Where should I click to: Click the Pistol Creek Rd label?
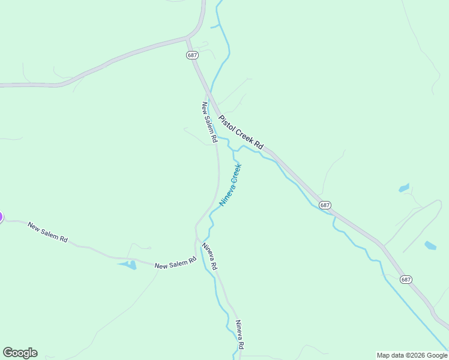(241, 133)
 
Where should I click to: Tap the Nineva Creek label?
(230, 185)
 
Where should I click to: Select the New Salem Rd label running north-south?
(209, 122)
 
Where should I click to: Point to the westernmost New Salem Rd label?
(47, 233)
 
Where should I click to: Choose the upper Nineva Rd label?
(209, 256)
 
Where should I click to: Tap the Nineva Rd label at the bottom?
(240, 335)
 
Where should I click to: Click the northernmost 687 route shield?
(192, 55)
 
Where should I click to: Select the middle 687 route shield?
(325, 205)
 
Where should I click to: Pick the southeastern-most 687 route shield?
(406, 280)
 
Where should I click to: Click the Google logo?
(20, 353)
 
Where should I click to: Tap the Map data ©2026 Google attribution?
(412, 355)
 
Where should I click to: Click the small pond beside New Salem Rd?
(128, 265)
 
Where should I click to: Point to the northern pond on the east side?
(404, 188)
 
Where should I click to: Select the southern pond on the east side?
(430, 245)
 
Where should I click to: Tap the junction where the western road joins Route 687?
(187, 39)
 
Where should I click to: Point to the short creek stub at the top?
(214, 27)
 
